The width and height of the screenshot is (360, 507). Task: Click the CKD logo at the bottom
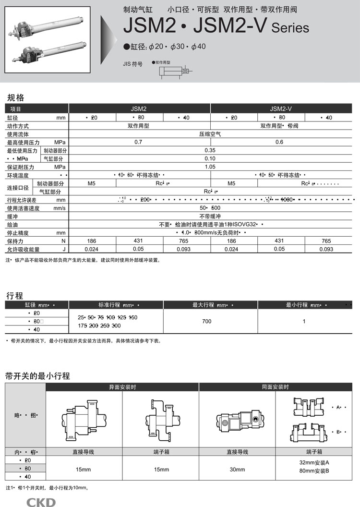[x=41, y=502]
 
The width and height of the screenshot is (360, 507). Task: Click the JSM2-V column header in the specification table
[x=281, y=109]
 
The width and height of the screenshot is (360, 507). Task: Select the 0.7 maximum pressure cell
[x=139, y=142]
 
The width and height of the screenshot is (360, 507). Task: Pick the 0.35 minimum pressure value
[x=210, y=150]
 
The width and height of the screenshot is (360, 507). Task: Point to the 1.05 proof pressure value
[x=210, y=167]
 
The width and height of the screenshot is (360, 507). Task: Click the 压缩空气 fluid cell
[x=210, y=134]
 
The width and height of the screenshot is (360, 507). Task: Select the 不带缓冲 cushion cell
[x=210, y=216]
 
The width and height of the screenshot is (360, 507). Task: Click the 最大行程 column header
[x=210, y=305]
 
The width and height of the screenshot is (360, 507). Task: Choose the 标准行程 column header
[x=116, y=305]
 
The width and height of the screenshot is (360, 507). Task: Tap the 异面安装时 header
[x=122, y=387]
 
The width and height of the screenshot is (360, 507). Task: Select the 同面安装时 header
[x=276, y=387]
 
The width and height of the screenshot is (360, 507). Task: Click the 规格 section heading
[x=16, y=97]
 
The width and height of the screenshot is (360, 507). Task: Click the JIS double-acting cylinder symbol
[x=174, y=72]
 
